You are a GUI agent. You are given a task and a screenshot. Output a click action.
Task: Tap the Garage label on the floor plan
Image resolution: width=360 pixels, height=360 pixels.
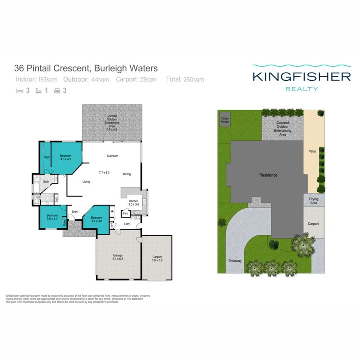117,257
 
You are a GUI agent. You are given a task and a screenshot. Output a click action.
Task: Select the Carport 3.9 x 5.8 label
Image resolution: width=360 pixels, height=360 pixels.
157,258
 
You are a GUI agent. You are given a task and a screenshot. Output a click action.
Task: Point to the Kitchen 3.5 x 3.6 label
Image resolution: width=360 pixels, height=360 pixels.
134,202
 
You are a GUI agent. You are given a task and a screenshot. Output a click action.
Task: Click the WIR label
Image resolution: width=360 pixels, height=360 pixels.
47,158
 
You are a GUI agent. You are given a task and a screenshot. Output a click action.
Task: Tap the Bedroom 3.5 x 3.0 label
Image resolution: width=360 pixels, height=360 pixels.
52,217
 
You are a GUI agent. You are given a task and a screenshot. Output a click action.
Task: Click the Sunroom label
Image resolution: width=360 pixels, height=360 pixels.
112,156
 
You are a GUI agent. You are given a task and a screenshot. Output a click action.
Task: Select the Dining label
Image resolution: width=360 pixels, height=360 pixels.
127,174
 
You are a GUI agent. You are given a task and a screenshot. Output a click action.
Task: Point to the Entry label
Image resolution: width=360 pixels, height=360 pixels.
75,212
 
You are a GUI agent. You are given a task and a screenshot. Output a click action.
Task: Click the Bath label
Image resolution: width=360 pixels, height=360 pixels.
46,182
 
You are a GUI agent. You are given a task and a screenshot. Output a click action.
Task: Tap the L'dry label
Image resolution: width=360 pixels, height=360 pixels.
127,224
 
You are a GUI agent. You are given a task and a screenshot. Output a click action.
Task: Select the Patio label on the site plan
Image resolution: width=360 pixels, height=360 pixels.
312,151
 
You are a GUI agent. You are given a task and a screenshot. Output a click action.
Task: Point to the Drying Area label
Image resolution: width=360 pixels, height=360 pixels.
314,201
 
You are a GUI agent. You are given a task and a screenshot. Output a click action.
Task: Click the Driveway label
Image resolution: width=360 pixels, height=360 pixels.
234,261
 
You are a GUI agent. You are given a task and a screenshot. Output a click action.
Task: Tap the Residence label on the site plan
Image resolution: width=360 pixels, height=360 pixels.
268,175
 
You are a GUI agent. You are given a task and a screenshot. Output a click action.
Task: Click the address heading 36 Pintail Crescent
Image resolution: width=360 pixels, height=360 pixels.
86,69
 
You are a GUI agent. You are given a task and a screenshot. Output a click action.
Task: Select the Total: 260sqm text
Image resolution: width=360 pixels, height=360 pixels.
185,80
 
